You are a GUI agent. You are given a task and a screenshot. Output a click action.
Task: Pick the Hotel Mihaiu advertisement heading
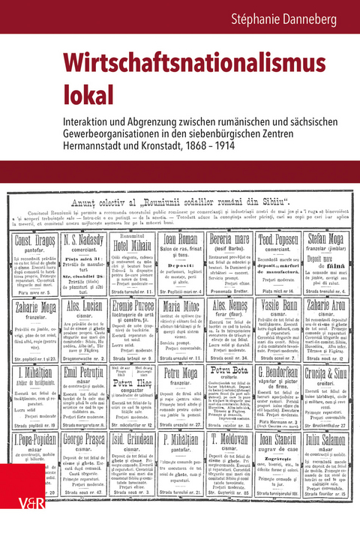[130, 241]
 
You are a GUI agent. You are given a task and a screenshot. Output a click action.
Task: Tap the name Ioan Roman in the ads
[180, 240]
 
